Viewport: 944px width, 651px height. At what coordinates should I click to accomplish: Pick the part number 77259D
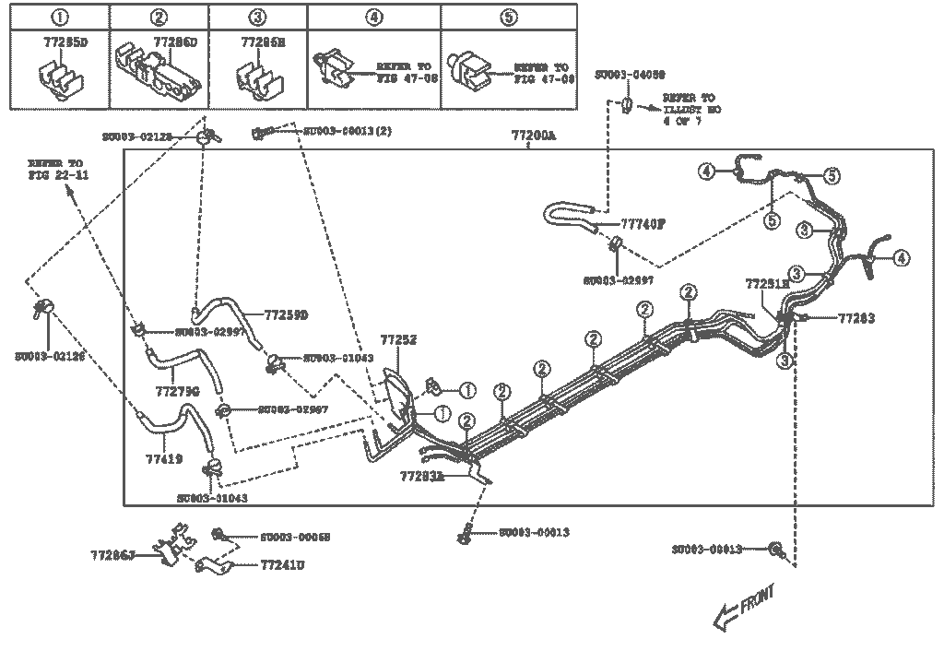pyautogui.click(x=286, y=315)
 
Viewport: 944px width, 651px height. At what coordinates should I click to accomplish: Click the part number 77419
pyautogui.click(x=164, y=456)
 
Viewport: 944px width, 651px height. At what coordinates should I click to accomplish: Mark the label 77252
pyautogui.click(x=399, y=340)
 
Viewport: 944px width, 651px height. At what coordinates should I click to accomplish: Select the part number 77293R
pyautogui.click(x=422, y=476)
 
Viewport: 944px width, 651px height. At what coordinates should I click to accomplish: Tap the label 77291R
pyautogui.click(x=768, y=284)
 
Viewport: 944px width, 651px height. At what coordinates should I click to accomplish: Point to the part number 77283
pyautogui.click(x=856, y=318)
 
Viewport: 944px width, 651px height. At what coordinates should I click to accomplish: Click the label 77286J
pyautogui.click(x=113, y=555)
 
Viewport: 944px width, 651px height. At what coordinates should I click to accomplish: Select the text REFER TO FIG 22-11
pyautogui.click(x=57, y=168)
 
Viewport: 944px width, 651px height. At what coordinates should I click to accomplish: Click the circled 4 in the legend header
pyautogui.click(x=373, y=16)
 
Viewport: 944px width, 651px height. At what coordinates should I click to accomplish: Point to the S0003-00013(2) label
pyautogui.click(x=348, y=131)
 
